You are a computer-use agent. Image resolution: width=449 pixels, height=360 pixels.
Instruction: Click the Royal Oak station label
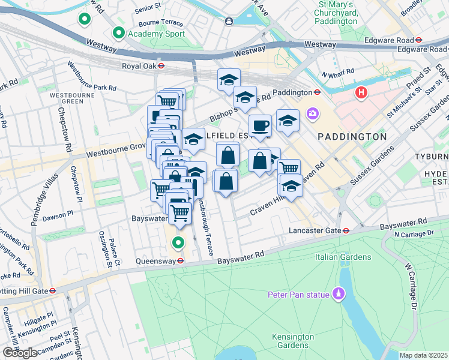coord(139,67)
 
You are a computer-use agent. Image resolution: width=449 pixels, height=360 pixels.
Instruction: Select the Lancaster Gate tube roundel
coord(346,230)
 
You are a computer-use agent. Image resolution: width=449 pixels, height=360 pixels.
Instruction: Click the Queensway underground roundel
coord(179,260)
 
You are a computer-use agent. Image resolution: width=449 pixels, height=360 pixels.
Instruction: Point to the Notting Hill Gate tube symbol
coord(53,290)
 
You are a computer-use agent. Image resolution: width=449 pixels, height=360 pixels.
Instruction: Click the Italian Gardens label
coord(343,257)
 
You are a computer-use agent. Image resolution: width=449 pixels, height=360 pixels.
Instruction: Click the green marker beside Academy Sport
coord(118,34)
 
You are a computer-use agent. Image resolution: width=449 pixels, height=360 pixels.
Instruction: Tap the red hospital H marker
coord(361,93)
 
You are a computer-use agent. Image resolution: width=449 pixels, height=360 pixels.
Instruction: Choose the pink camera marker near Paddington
coord(312,113)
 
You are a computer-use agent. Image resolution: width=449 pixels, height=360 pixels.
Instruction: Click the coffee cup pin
coord(260,126)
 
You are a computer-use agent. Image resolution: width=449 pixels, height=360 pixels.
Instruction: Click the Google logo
coord(20,353)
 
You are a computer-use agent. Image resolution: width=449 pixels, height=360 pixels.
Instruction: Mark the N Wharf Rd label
coord(337,76)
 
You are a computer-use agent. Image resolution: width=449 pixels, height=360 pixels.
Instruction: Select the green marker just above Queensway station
coord(178,243)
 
